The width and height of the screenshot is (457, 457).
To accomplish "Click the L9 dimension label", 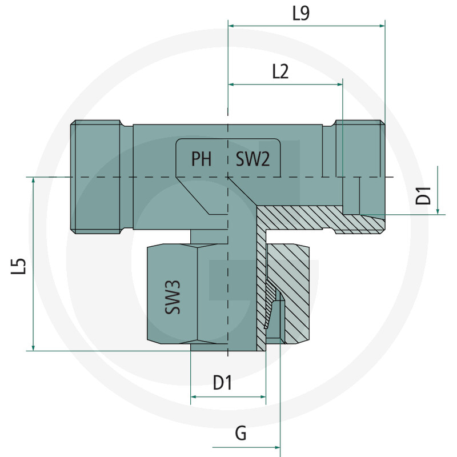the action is click(301, 13).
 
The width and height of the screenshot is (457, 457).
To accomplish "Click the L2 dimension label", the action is click(280, 72).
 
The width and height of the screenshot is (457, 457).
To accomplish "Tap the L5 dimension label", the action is click(18, 266).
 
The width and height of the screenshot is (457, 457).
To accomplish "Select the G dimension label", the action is click(240, 433).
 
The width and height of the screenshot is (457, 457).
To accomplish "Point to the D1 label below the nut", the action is click(223, 383).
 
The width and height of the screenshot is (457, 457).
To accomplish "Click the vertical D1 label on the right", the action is click(423, 195).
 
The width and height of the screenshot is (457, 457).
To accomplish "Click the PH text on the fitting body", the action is click(202, 159).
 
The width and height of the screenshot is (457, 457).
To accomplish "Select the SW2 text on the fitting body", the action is click(252, 159).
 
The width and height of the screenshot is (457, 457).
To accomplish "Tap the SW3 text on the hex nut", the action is click(173, 297).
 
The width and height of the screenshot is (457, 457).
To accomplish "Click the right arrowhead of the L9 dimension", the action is click(382, 26).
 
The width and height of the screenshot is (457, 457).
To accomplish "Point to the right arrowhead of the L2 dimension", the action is click(339, 85).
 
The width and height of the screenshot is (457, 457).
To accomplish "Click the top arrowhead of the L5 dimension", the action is click(33, 181).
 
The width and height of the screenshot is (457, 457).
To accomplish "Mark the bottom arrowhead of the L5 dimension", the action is click(33, 347).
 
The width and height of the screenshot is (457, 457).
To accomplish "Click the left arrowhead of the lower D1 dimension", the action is click(194, 396).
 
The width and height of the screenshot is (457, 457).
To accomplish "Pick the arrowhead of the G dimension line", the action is click(277, 447).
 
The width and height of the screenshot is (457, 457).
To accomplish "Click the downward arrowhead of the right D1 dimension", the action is click(438, 211).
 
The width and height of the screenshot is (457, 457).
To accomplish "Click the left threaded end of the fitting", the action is click(95, 177).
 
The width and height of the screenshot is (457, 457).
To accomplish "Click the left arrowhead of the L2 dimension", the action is click(231, 85).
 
